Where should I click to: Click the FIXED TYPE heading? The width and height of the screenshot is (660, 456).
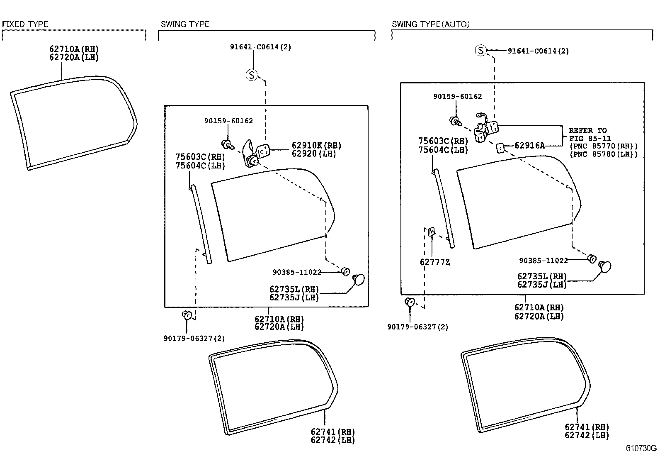[25, 24]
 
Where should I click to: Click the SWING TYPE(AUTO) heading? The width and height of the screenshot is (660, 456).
[430, 24]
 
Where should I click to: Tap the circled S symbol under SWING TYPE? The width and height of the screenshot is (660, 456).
[252, 75]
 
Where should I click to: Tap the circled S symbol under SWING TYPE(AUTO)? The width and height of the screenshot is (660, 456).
[480, 51]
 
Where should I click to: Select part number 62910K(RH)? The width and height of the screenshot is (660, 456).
[316, 146]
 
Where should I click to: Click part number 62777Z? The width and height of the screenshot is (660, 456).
[434, 262]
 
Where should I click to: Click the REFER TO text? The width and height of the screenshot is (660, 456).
[587, 130]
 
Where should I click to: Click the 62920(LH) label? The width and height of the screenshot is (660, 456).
[313, 154]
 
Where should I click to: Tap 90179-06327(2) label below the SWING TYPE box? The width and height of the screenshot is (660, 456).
[194, 339]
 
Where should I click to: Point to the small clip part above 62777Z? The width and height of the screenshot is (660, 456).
[431, 232]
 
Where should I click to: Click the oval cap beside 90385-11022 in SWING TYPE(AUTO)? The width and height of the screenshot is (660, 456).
[605, 266]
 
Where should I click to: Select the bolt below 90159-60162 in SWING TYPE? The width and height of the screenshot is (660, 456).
[227, 145]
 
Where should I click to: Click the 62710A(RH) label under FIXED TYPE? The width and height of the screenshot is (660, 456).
[74, 49]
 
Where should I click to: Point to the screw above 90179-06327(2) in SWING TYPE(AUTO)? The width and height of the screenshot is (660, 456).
[410, 302]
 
